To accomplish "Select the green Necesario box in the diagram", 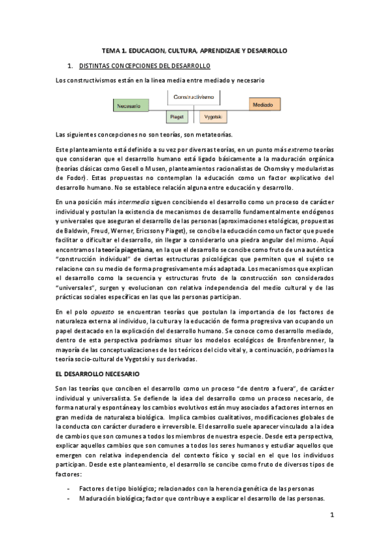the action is [129, 105].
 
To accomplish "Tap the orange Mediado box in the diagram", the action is [263, 104].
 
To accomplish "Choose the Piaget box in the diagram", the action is [176, 117].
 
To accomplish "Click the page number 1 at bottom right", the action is [331, 515].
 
